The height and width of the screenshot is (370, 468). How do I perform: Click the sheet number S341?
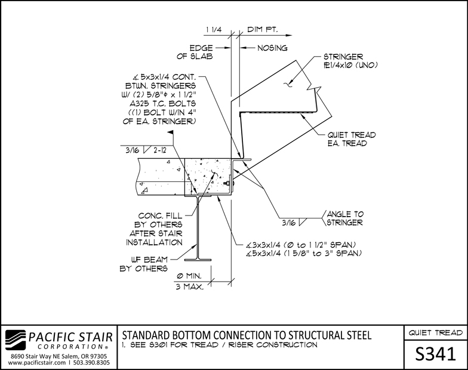(x=436, y=354)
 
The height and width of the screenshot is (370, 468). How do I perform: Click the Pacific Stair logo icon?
(x=16, y=340)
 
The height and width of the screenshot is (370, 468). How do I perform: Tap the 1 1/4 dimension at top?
(x=214, y=30)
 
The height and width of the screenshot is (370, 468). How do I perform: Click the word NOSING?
(x=272, y=48)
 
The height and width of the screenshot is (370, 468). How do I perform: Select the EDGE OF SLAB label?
(x=195, y=53)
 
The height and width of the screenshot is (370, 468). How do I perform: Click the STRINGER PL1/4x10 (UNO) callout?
(x=350, y=61)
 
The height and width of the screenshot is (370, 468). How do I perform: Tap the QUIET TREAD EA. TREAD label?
(x=351, y=139)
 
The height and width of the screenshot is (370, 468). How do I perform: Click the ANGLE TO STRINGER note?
(x=345, y=218)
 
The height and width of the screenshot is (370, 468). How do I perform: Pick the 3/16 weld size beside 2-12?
(x=133, y=150)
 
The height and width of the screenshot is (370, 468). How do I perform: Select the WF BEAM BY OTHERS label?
(x=144, y=264)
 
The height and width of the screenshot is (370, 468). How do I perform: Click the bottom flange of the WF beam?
(x=198, y=260)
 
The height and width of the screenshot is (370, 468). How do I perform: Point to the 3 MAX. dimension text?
(x=190, y=287)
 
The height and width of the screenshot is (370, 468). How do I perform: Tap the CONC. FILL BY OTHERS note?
(x=154, y=229)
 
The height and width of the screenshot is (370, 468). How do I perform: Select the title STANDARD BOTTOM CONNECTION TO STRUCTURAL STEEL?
(x=247, y=335)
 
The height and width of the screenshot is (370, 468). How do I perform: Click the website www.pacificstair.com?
(x=37, y=363)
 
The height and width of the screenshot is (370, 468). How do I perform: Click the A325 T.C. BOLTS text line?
(x=162, y=104)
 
